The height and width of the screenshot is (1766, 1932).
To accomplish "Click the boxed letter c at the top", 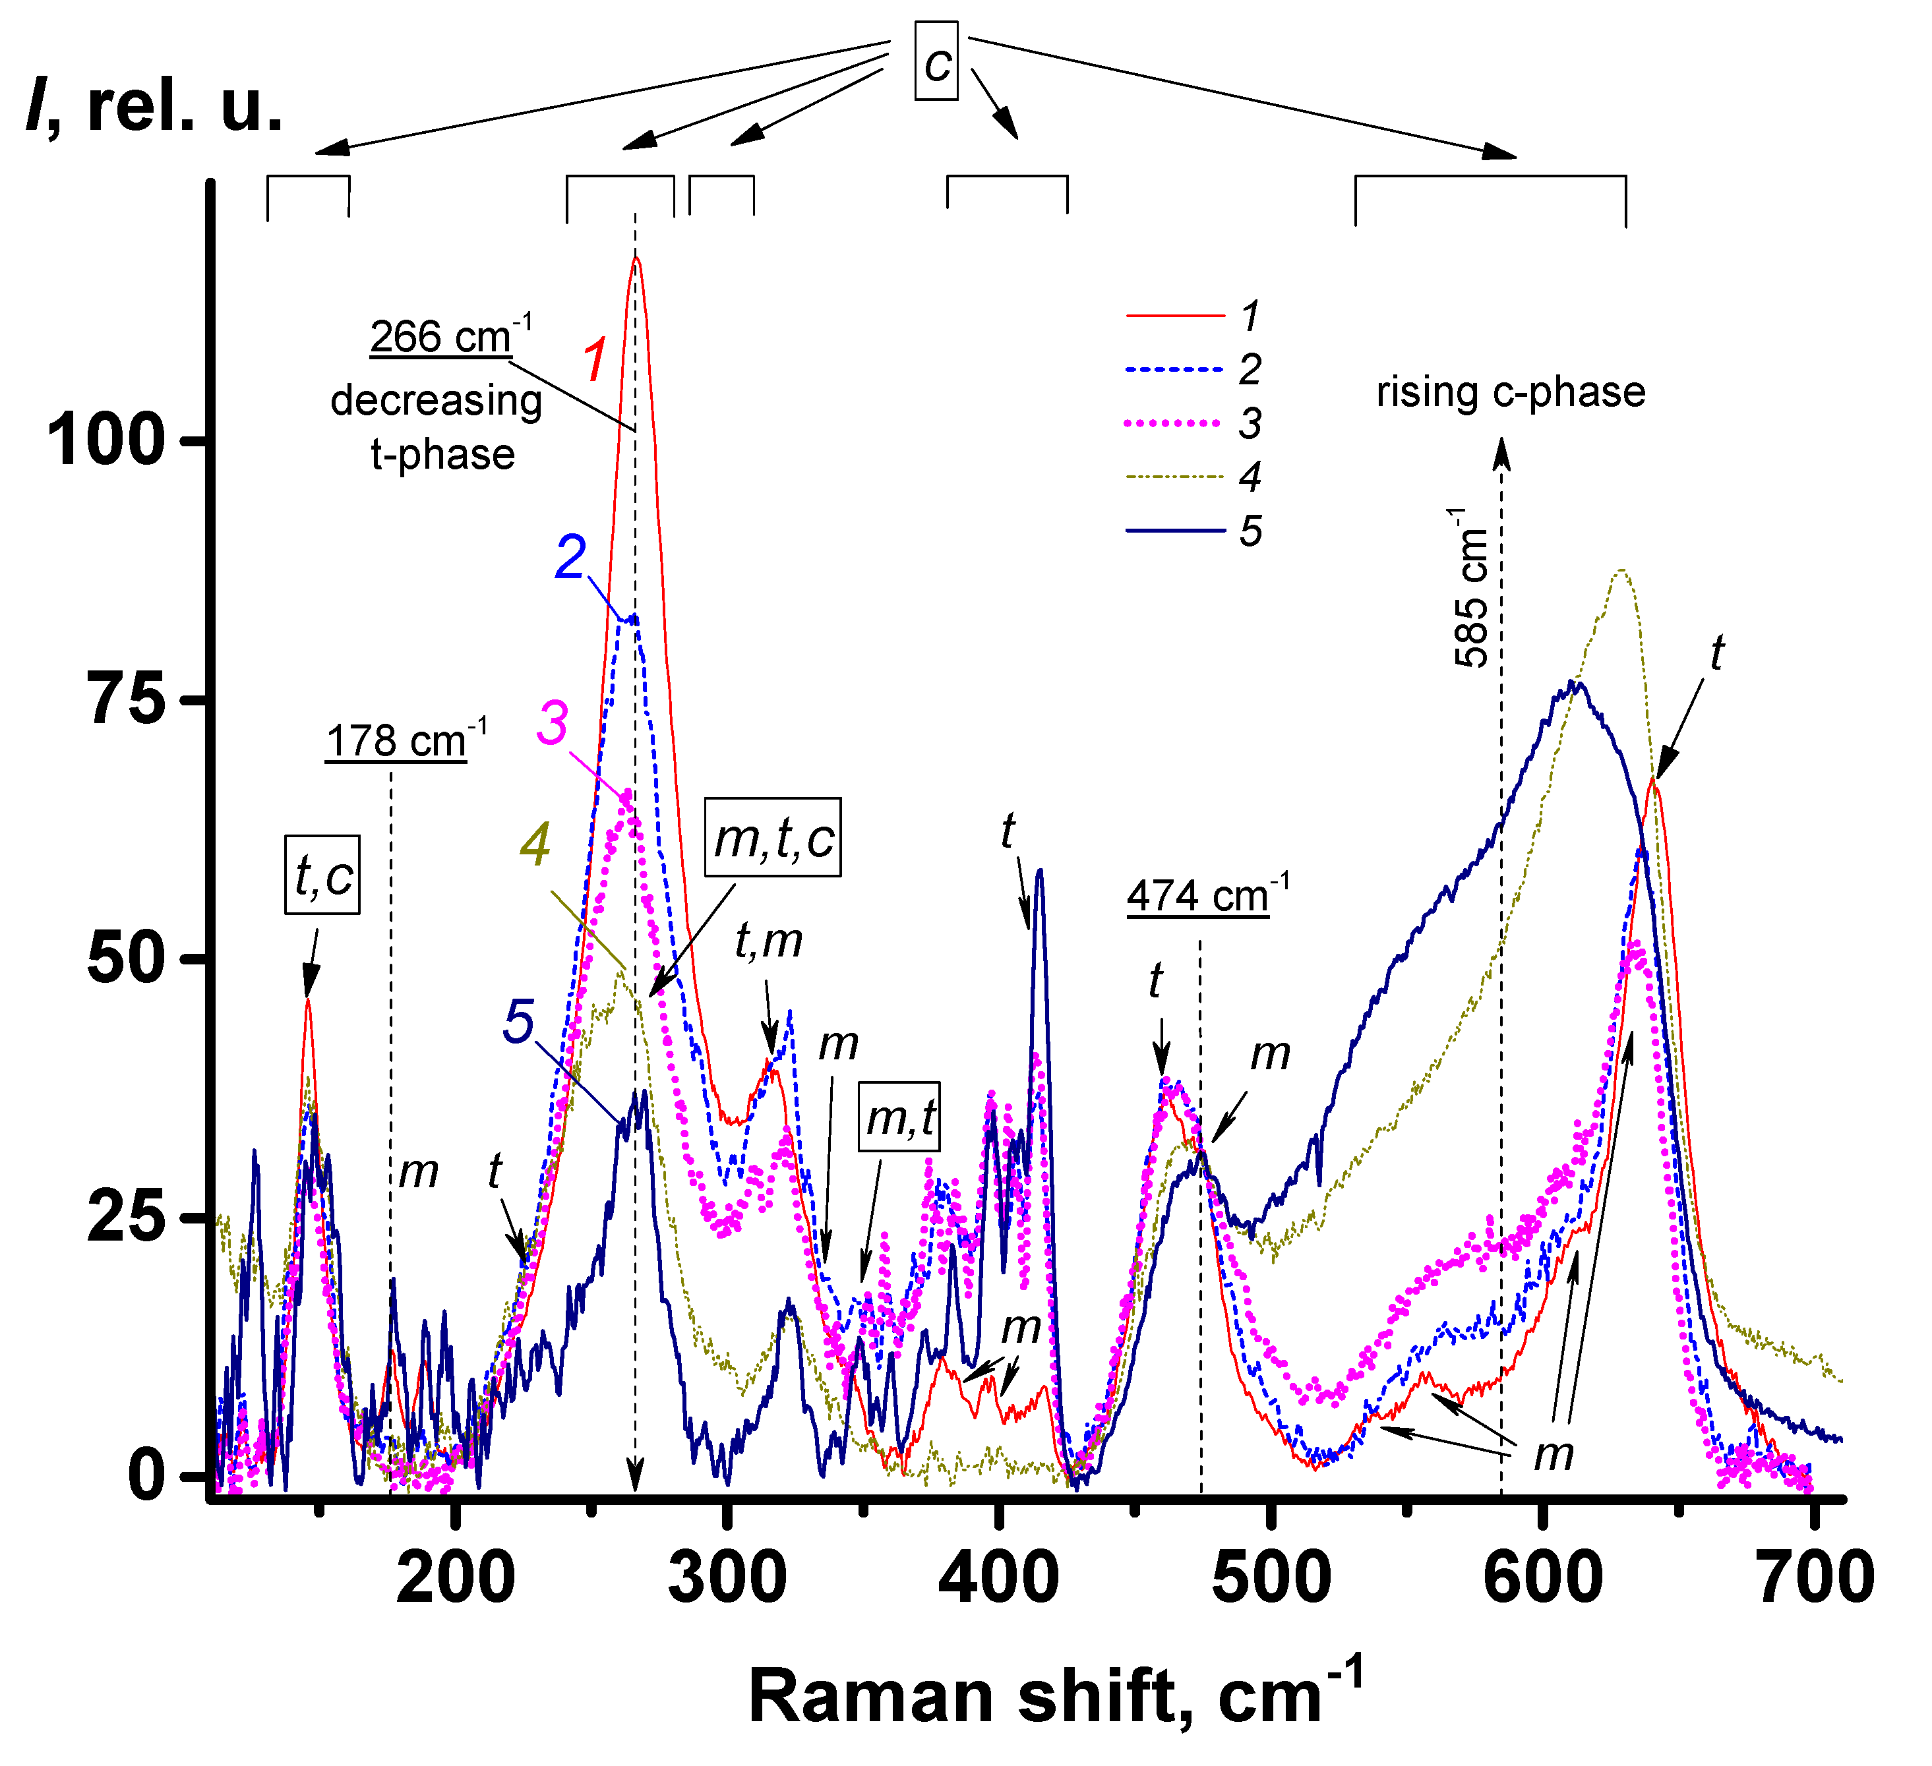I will tap(936, 61).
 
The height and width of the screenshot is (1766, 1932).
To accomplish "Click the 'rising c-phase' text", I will tap(1511, 392).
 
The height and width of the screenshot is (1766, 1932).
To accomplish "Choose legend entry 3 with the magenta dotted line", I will tap(1193, 423).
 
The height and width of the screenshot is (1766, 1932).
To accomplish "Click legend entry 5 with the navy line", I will tap(1193, 530).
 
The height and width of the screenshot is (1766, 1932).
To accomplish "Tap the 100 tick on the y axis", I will tap(106, 441).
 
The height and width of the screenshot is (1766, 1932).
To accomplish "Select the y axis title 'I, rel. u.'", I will tap(155, 105).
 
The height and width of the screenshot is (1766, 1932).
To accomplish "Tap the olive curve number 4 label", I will tap(535, 844).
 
